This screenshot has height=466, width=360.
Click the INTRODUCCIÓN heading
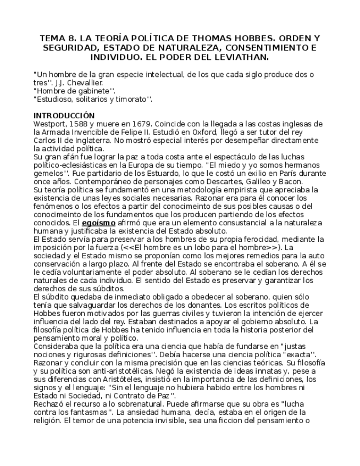coord(64,116)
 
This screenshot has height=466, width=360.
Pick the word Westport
coord(50,124)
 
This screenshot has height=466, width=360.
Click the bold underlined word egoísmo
coord(98,223)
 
